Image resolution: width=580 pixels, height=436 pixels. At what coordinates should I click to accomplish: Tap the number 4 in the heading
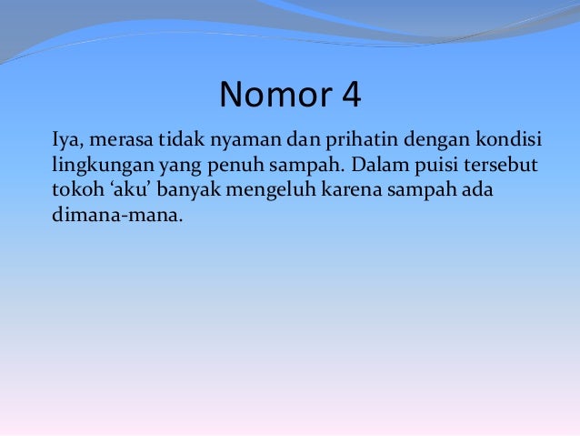point(350,94)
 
